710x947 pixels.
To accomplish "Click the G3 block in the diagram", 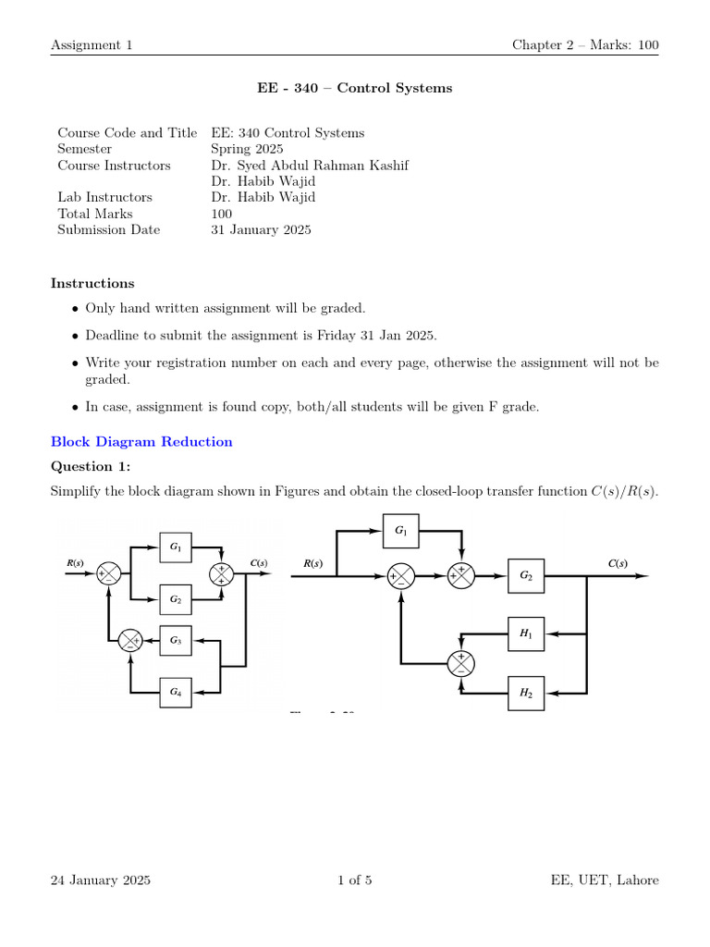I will [x=176, y=640].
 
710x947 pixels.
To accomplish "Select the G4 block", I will [x=176, y=692].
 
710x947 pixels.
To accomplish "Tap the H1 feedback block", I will [x=526, y=633].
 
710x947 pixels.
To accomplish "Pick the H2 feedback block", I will [x=526, y=692].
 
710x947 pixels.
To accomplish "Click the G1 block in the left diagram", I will [x=176, y=547].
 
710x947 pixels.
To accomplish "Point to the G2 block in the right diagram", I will [x=526, y=575].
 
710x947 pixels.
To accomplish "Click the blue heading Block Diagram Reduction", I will [x=141, y=442].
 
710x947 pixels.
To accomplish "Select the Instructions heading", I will [x=92, y=284].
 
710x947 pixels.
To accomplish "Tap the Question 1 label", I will [x=91, y=466].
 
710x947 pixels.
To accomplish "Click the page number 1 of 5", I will [x=355, y=880].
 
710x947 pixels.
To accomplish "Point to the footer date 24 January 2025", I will [x=101, y=880].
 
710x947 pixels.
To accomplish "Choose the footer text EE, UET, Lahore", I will [x=605, y=880].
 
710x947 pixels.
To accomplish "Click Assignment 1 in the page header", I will [x=92, y=45].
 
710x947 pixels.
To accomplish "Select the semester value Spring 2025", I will [x=247, y=149].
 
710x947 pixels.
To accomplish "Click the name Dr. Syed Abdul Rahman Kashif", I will [x=310, y=166].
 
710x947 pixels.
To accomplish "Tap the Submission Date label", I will [x=108, y=230].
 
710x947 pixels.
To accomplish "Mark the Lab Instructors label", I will [x=104, y=197].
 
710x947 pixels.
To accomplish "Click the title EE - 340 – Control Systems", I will [x=355, y=89].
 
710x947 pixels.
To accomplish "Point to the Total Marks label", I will [x=94, y=214].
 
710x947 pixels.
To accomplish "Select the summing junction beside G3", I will [x=130, y=640].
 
